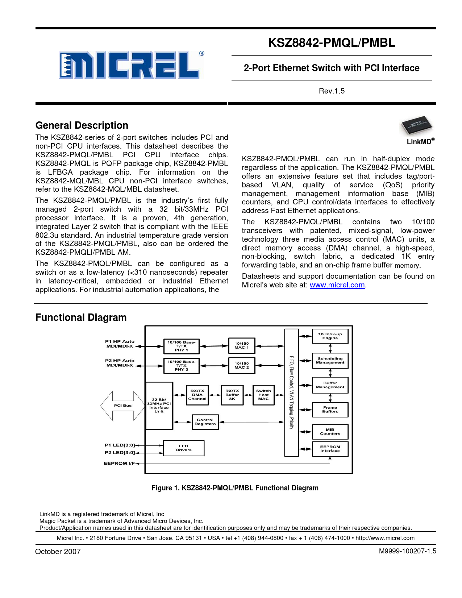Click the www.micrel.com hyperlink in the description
(337, 285)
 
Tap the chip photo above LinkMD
(417, 126)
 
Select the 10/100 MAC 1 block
(242, 345)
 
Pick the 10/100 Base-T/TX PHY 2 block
(181, 366)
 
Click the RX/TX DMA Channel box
(197, 395)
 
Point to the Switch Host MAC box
(263, 395)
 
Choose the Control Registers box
(205, 422)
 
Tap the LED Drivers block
(184, 448)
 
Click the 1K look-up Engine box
(330, 336)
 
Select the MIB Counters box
(330, 432)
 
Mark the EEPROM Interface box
(330, 449)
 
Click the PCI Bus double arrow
(122, 406)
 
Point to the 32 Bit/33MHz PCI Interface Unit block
(159, 406)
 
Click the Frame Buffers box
(330, 410)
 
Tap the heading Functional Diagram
(81, 317)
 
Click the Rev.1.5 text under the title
(332, 91)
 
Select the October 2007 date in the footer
(58, 552)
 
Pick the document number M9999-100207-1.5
(407, 551)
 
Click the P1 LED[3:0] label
(120, 445)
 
